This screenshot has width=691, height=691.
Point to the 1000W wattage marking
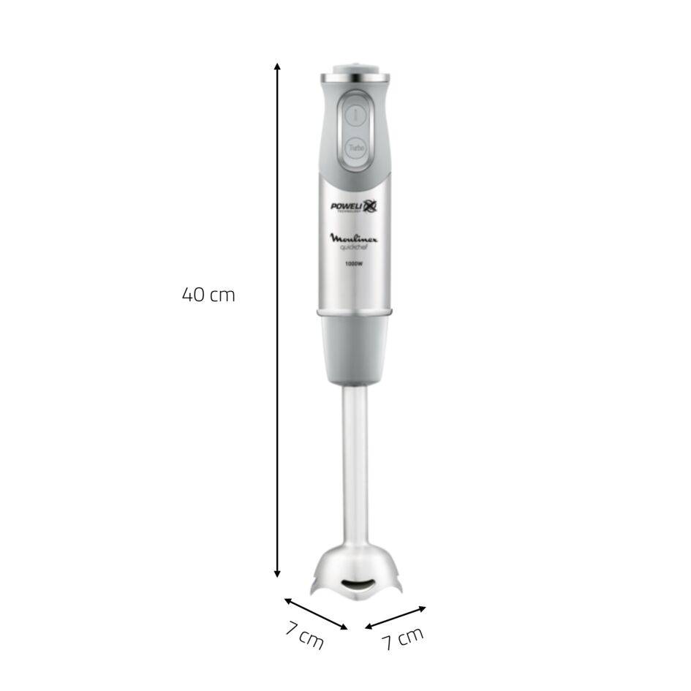(x=355, y=263)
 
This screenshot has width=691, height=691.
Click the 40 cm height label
(x=208, y=295)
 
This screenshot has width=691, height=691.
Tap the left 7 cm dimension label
(x=304, y=636)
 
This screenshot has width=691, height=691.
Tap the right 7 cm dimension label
(x=402, y=638)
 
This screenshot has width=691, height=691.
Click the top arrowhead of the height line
(x=277, y=67)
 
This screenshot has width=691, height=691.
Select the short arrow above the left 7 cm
(x=316, y=613)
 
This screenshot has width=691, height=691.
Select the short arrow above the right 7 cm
(x=396, y=616)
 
